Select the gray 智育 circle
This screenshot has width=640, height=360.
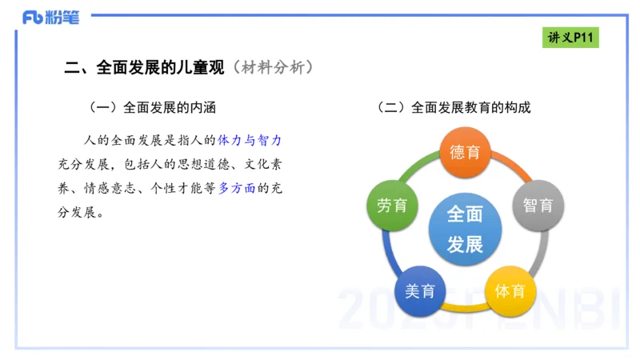[x=538, y=206]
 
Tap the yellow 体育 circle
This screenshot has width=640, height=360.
[x=510, y=290]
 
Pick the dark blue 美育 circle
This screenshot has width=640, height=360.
[x=420, y=290]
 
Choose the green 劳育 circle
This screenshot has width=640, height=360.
[x=392, y=206]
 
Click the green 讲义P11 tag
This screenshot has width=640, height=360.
[x=571, y=38]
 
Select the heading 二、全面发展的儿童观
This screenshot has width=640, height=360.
[x=146, y=68]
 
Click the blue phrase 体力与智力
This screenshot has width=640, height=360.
[x=250, y=141]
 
